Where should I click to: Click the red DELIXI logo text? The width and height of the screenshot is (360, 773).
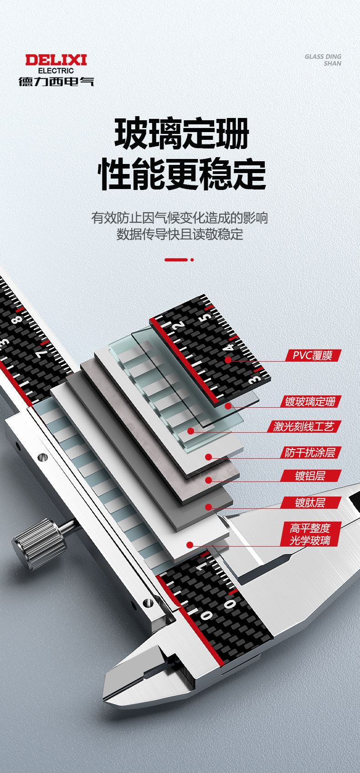coord(56,60)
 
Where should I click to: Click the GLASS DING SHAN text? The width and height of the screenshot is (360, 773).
coord(323,60)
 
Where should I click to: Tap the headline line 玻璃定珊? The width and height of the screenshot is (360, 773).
coord(181,133)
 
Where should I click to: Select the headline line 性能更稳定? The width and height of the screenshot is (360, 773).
coord(181,174)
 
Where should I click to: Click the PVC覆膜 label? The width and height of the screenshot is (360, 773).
coord(313,355)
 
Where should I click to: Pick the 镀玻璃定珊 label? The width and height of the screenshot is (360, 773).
coord(310,401)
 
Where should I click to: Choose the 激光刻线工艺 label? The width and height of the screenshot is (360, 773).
coord(304,426)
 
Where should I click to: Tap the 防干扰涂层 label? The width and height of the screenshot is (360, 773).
coord(310,452)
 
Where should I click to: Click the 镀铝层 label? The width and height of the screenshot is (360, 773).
coord(310,476)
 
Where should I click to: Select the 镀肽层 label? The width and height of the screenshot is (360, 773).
coord(310,502)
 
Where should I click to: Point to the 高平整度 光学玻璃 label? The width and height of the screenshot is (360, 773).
coord(310,534)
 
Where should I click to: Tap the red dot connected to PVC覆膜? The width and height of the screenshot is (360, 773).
coord(228,360)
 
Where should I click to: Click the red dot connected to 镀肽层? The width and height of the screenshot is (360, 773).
coord(208,507)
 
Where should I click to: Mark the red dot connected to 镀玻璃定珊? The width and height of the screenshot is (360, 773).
coord(228,406)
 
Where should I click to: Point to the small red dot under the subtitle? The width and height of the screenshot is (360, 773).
coord(192,260)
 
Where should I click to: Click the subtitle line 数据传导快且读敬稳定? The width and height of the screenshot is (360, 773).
coord(180,234)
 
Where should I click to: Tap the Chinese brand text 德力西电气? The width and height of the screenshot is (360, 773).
coord(56,82)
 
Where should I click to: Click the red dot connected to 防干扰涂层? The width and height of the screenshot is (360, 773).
coord(208,457)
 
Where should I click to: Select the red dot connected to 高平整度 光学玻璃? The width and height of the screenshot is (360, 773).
coord(190,545)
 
